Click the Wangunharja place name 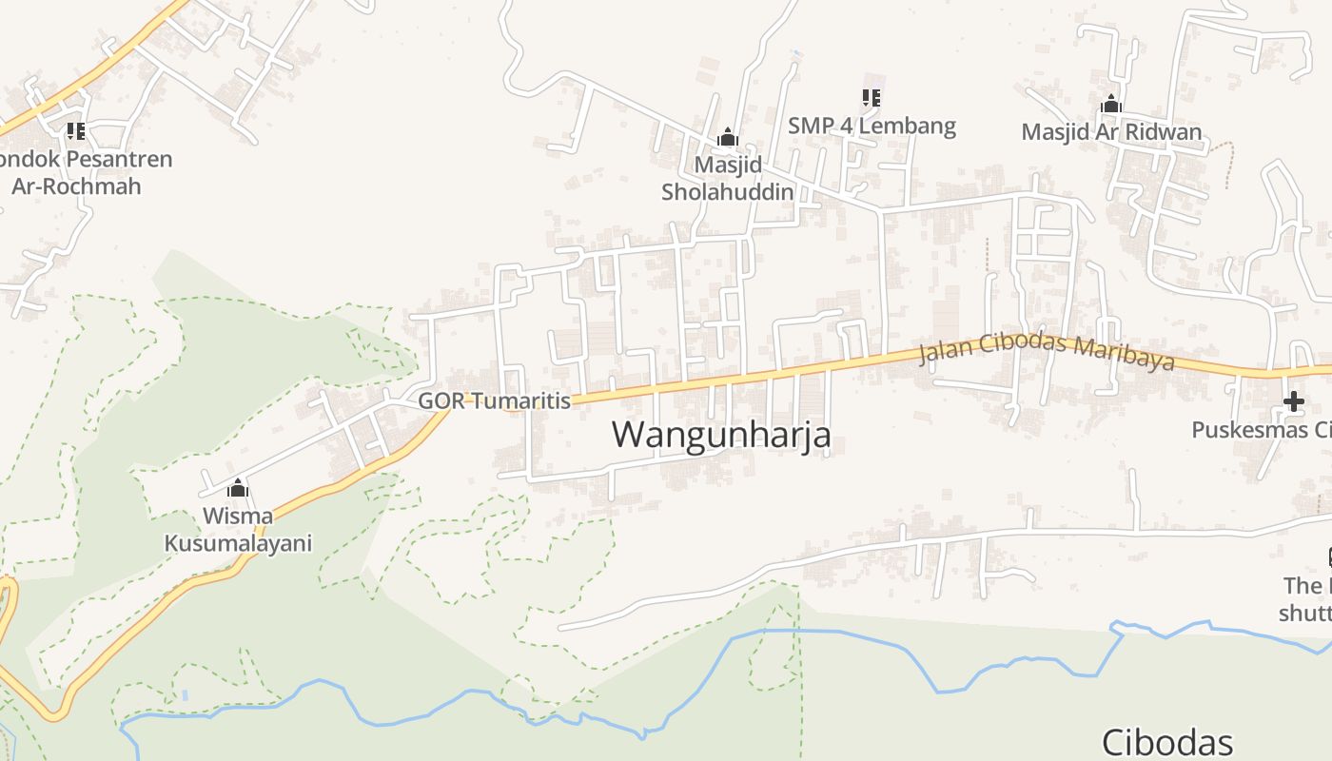tap(721, 435)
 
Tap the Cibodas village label tap(1166, 742)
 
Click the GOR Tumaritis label tap(495, 400)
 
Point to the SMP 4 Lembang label tap(872, 126)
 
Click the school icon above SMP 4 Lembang tap(871, 97)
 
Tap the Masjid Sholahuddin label tap(728, 178)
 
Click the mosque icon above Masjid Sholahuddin tap(728, 138)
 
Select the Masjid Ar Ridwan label tap(1111, 131)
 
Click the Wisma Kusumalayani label tap(238, 530)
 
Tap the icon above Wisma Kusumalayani tap(238, 489)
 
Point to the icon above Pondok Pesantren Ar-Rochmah tap(76, 130)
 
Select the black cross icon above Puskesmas tap(1293, 401)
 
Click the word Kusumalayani tap(238, 544)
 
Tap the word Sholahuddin tap(728, 191)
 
